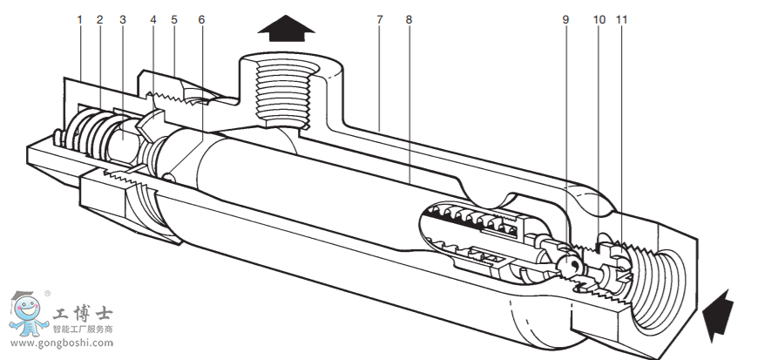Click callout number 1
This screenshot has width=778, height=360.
tap(79, 19)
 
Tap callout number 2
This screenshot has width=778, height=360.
tap(100, 19)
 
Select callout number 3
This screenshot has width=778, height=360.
tap(122, 19)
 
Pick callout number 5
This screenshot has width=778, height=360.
tap(174, 19)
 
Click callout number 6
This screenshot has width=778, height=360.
tap(201, 19)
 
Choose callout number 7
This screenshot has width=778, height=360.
tap(380, 19)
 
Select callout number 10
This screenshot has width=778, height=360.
tap(599, 19)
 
